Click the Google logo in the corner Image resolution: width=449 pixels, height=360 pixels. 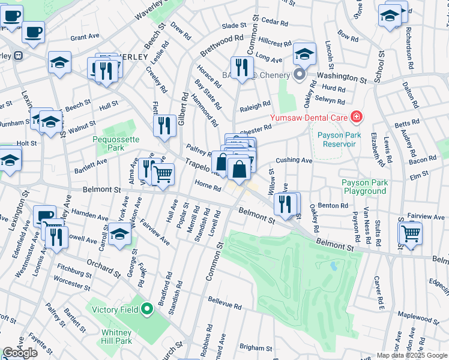[x=20, y=353]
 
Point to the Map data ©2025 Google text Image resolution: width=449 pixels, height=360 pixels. [x=412, y=355]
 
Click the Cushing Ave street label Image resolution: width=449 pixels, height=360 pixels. [x=294, y=161]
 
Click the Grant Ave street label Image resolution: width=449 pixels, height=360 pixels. [x=85, y=37]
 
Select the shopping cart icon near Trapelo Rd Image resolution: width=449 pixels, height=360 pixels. [x=163, y=174]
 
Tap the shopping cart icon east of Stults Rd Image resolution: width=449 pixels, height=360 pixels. [x=411, y=233]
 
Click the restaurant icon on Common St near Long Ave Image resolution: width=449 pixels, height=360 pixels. [x=242, y=68]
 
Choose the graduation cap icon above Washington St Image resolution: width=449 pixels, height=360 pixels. [x=304, y=55]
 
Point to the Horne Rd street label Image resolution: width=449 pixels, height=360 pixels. [x=208, y=186]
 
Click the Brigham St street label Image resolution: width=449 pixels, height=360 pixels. [x=256, y=347]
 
